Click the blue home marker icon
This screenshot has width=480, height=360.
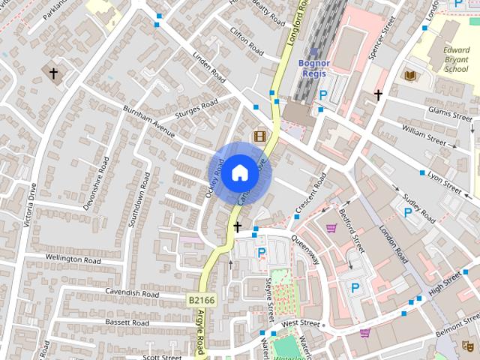coord(239,172)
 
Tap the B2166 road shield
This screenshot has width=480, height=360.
coord(201,300)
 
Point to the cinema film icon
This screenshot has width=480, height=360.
coord(259,136)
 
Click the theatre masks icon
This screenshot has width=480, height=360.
coord(467,345)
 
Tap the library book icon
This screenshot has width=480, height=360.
coord(410,75)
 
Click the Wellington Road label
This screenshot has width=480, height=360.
coord(73,258)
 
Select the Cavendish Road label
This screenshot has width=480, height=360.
coord(133,293)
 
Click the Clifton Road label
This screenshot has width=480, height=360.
coord(246,43)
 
